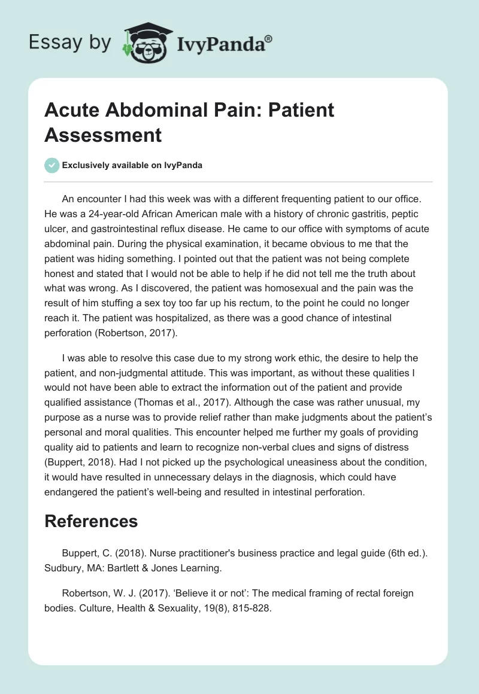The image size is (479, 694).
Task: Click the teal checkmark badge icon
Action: point(52,165)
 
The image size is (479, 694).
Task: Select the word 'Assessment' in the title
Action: point(103,135)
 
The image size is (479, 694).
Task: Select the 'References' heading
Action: point(91,521)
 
